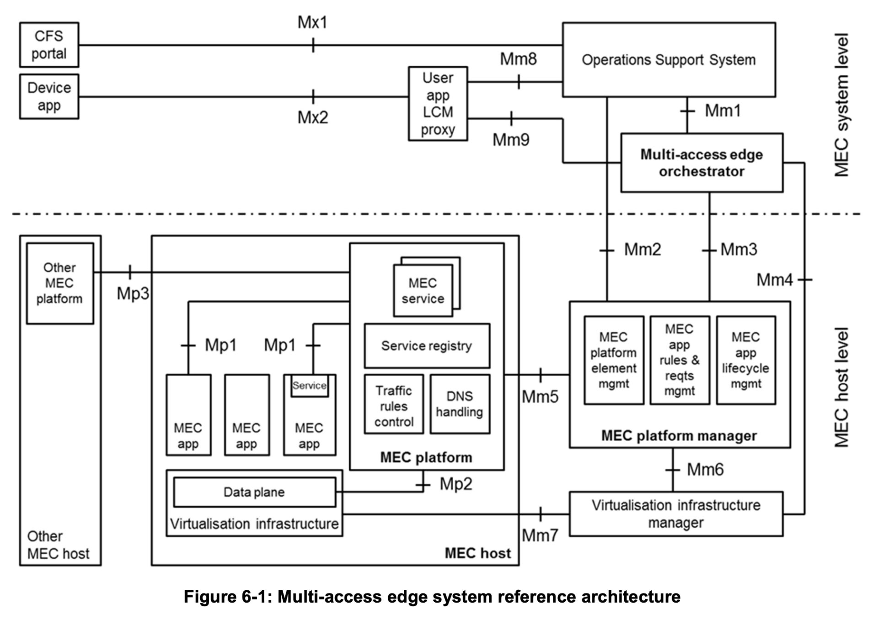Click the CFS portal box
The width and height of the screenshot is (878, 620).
click(x=49, y=45)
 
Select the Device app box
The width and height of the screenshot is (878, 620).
click(x=49, y=96)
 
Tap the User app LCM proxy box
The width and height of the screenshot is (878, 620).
click(x=438, y=104)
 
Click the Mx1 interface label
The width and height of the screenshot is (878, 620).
click(x=313, y=22)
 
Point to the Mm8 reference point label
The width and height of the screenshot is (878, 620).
click(x=518, y=59)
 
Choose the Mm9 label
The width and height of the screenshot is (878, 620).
click(x=511, y=140)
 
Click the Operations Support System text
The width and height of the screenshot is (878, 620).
click(x=669, y=60)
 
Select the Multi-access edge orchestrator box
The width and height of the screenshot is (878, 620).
click(x=701, y=163)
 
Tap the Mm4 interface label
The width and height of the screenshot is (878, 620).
click(x=774, y=280)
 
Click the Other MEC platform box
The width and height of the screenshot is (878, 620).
click(x=60, y=283)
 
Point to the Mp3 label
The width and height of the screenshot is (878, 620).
click(x=133, y=294)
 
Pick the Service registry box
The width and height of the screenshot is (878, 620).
click(x=427, y=346)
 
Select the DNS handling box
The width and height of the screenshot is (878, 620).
click(x=460, y=404)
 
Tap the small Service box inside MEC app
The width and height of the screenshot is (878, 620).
click(x=310, y=386)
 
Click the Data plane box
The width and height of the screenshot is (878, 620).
click(x=254, y=492)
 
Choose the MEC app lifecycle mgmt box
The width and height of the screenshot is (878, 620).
click(x=745, y=360)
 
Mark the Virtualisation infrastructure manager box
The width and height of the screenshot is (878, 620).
click(x=675, y=514)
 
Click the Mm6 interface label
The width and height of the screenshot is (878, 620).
click(x=705, y=470)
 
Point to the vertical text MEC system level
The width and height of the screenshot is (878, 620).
click(x=842, y=105)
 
